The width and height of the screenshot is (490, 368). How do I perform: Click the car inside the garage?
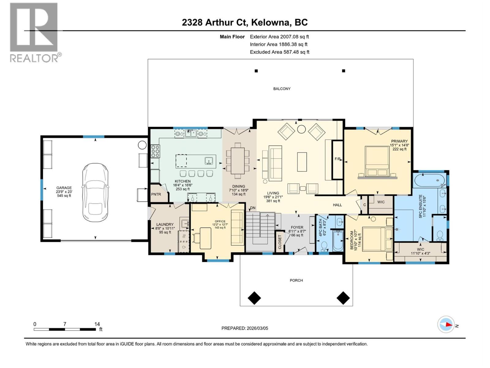coord(95,192)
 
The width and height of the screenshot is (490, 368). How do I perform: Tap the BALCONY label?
coord(282,89)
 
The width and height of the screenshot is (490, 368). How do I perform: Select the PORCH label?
coord(296,280)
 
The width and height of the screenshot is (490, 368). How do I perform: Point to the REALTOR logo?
coord(34,32)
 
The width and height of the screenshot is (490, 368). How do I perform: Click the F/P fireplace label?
coord(337,159)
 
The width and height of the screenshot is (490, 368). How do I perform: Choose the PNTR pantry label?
coord(156,194)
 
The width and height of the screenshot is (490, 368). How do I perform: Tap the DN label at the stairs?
coord(253,208)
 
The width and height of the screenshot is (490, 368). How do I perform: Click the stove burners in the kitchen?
coord(155,151)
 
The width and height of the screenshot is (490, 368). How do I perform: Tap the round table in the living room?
coord(301,129)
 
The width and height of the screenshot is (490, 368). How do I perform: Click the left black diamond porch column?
coord(254,298)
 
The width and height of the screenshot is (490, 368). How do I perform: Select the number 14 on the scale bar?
coord(97,324)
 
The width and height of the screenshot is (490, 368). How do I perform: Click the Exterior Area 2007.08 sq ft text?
coord(279,36)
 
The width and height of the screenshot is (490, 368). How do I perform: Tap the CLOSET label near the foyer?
coord(280,242)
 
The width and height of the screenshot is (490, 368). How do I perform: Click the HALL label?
coord(337,205)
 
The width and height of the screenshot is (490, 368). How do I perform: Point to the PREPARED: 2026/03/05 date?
coord(245,328)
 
